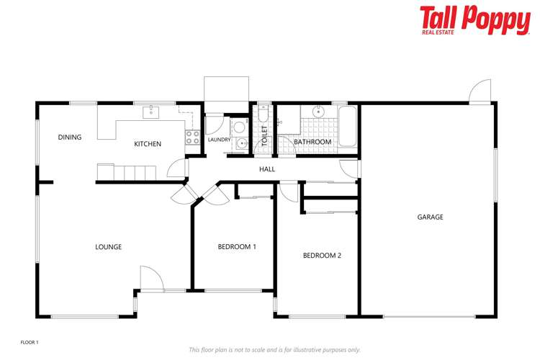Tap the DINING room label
coord(70,138)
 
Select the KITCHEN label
coord(148,144)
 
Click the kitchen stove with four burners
coord(193,137)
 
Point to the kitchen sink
coord(152,112)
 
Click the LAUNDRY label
coord(219,140)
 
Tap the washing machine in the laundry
coord(239,127)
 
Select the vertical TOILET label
coord(264,136)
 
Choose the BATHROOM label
coord(312,142)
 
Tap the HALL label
coord(268,169)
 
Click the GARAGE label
coord(430,217)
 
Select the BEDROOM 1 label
coord(237,247)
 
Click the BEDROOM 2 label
coord(322,255)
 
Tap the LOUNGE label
coord(108,247)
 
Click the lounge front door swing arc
coord(150,277)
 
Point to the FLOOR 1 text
coord(29,342)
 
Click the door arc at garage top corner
coord(479,92)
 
